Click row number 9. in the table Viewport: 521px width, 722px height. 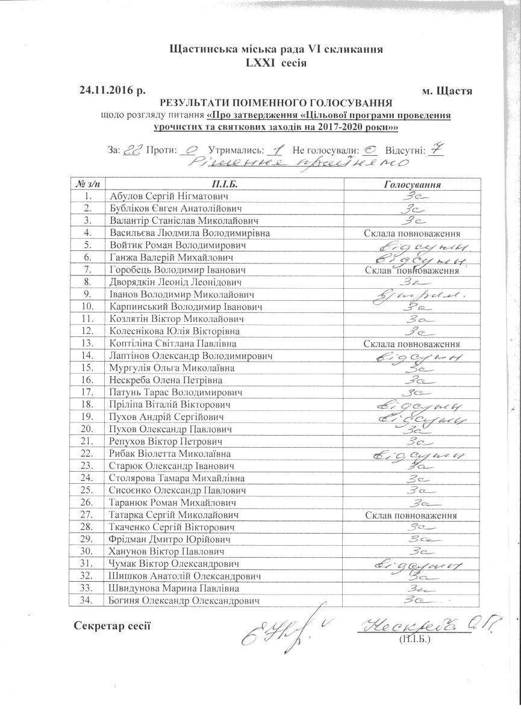pyautogui.click(x=88, y=295)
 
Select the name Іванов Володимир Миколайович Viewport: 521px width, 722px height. pyautogui.click(x=181, y=295)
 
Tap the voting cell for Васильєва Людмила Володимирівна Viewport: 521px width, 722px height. pyautogui.click(x=412, y=233)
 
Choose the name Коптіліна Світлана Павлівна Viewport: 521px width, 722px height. pyautogui.click(x=172, y=344)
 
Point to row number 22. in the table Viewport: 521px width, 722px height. pyautogui.click(x=88, y=453)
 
